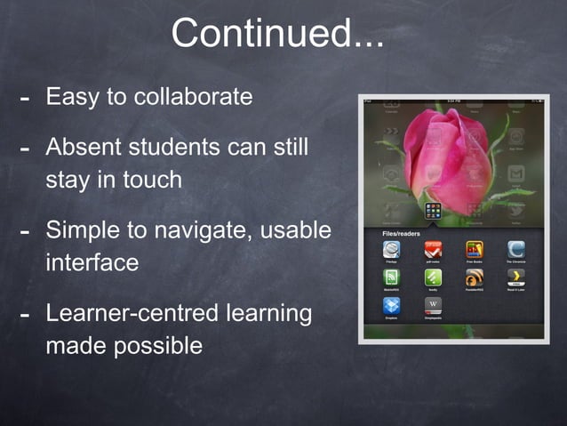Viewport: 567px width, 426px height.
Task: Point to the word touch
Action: pos(151,179)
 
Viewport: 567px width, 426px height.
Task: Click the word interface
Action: pos(92,262)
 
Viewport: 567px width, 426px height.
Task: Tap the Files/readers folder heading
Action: pos(401,233)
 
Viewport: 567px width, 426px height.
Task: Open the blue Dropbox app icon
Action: pos(392,306)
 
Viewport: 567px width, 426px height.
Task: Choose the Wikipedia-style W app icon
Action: pos(433,306)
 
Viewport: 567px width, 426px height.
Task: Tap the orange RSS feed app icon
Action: pos(474,278)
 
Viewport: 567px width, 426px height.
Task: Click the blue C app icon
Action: pos(515,250)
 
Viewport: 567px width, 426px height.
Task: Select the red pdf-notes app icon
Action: pos(433,250)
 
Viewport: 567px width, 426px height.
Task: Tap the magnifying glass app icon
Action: pos(392,250)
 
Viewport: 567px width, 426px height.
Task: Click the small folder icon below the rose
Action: pos(434,211)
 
